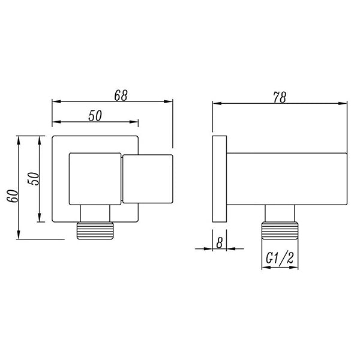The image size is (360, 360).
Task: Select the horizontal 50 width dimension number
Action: click(x=95, y=116)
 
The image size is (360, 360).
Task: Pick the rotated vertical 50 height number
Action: click(x=34, y=178)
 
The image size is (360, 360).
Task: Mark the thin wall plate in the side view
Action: click(x=219, y=179)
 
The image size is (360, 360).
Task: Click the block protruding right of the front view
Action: click(x=148, y=179)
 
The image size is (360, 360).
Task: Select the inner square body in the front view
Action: click(x=95, y=179)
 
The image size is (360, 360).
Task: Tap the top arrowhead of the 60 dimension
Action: click(x=20, y=140)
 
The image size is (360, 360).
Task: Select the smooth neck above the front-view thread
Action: click(x=95, y=214)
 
